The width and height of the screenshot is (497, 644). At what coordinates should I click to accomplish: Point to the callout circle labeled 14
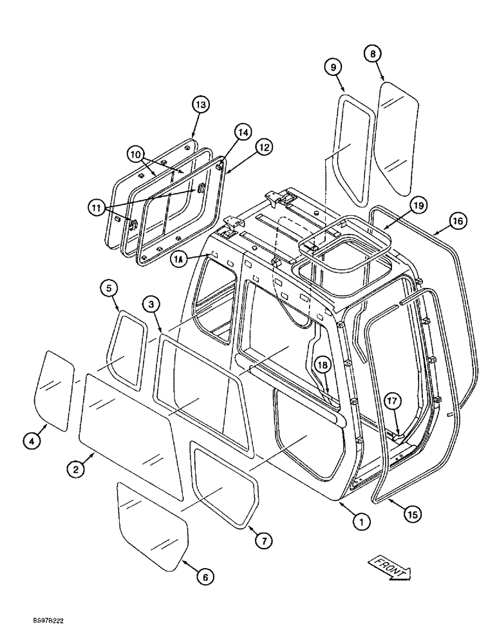pos(242,133)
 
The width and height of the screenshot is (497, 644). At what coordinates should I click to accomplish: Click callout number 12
pos(264,147)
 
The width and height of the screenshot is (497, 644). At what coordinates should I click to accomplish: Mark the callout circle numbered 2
pos(77,470)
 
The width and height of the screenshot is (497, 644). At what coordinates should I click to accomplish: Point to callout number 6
pos(204,578)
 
